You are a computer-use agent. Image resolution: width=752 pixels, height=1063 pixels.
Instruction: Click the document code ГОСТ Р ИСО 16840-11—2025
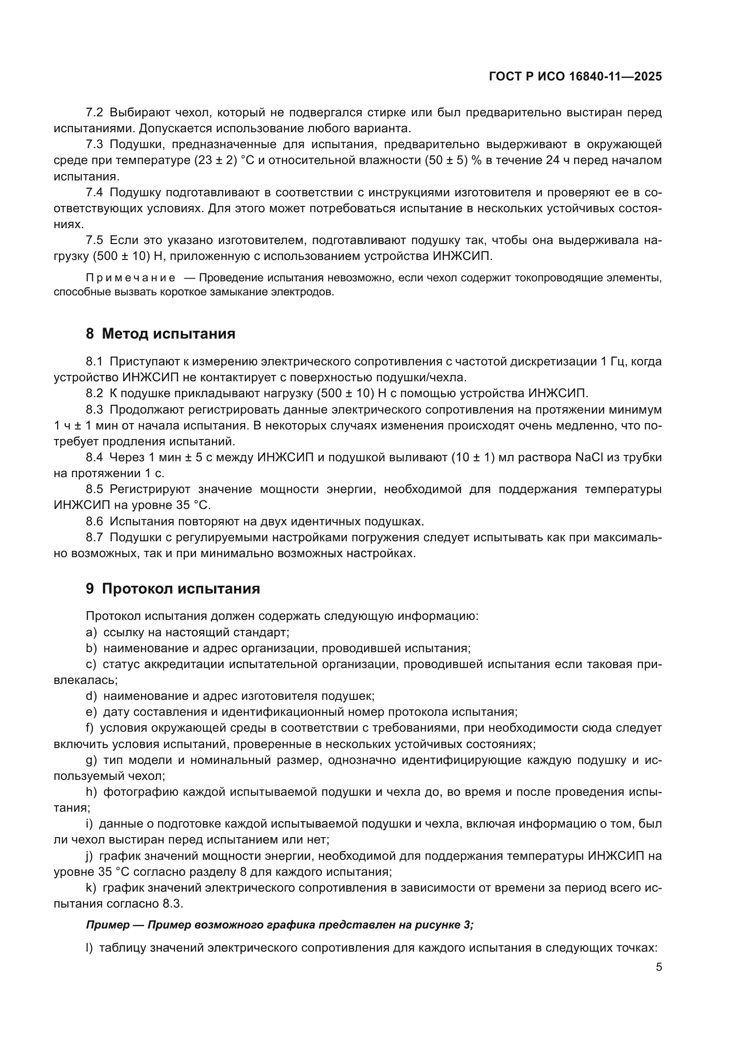[x=575, y=76]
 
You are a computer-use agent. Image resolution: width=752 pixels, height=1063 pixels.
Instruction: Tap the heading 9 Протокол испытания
[x=173, y=589]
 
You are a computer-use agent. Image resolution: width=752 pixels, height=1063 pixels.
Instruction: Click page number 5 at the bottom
[x=658, y=967]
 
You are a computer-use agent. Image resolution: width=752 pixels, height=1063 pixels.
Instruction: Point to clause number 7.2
[x=95, y=113]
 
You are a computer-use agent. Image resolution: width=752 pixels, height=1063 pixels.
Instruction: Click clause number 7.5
[x=95, y=240]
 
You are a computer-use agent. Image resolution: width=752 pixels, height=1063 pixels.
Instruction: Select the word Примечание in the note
[x=130, y=278]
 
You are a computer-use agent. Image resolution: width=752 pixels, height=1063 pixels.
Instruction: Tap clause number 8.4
[x=95, y=458]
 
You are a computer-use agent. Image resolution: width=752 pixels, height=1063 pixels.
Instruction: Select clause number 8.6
[x=95, y=521]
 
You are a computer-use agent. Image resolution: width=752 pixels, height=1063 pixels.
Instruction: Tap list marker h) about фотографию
[x=91, y=792]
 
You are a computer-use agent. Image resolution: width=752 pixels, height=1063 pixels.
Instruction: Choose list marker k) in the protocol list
[x=91, y=888]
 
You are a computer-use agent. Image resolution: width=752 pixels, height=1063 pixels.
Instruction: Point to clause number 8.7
[x=95, y=538]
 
